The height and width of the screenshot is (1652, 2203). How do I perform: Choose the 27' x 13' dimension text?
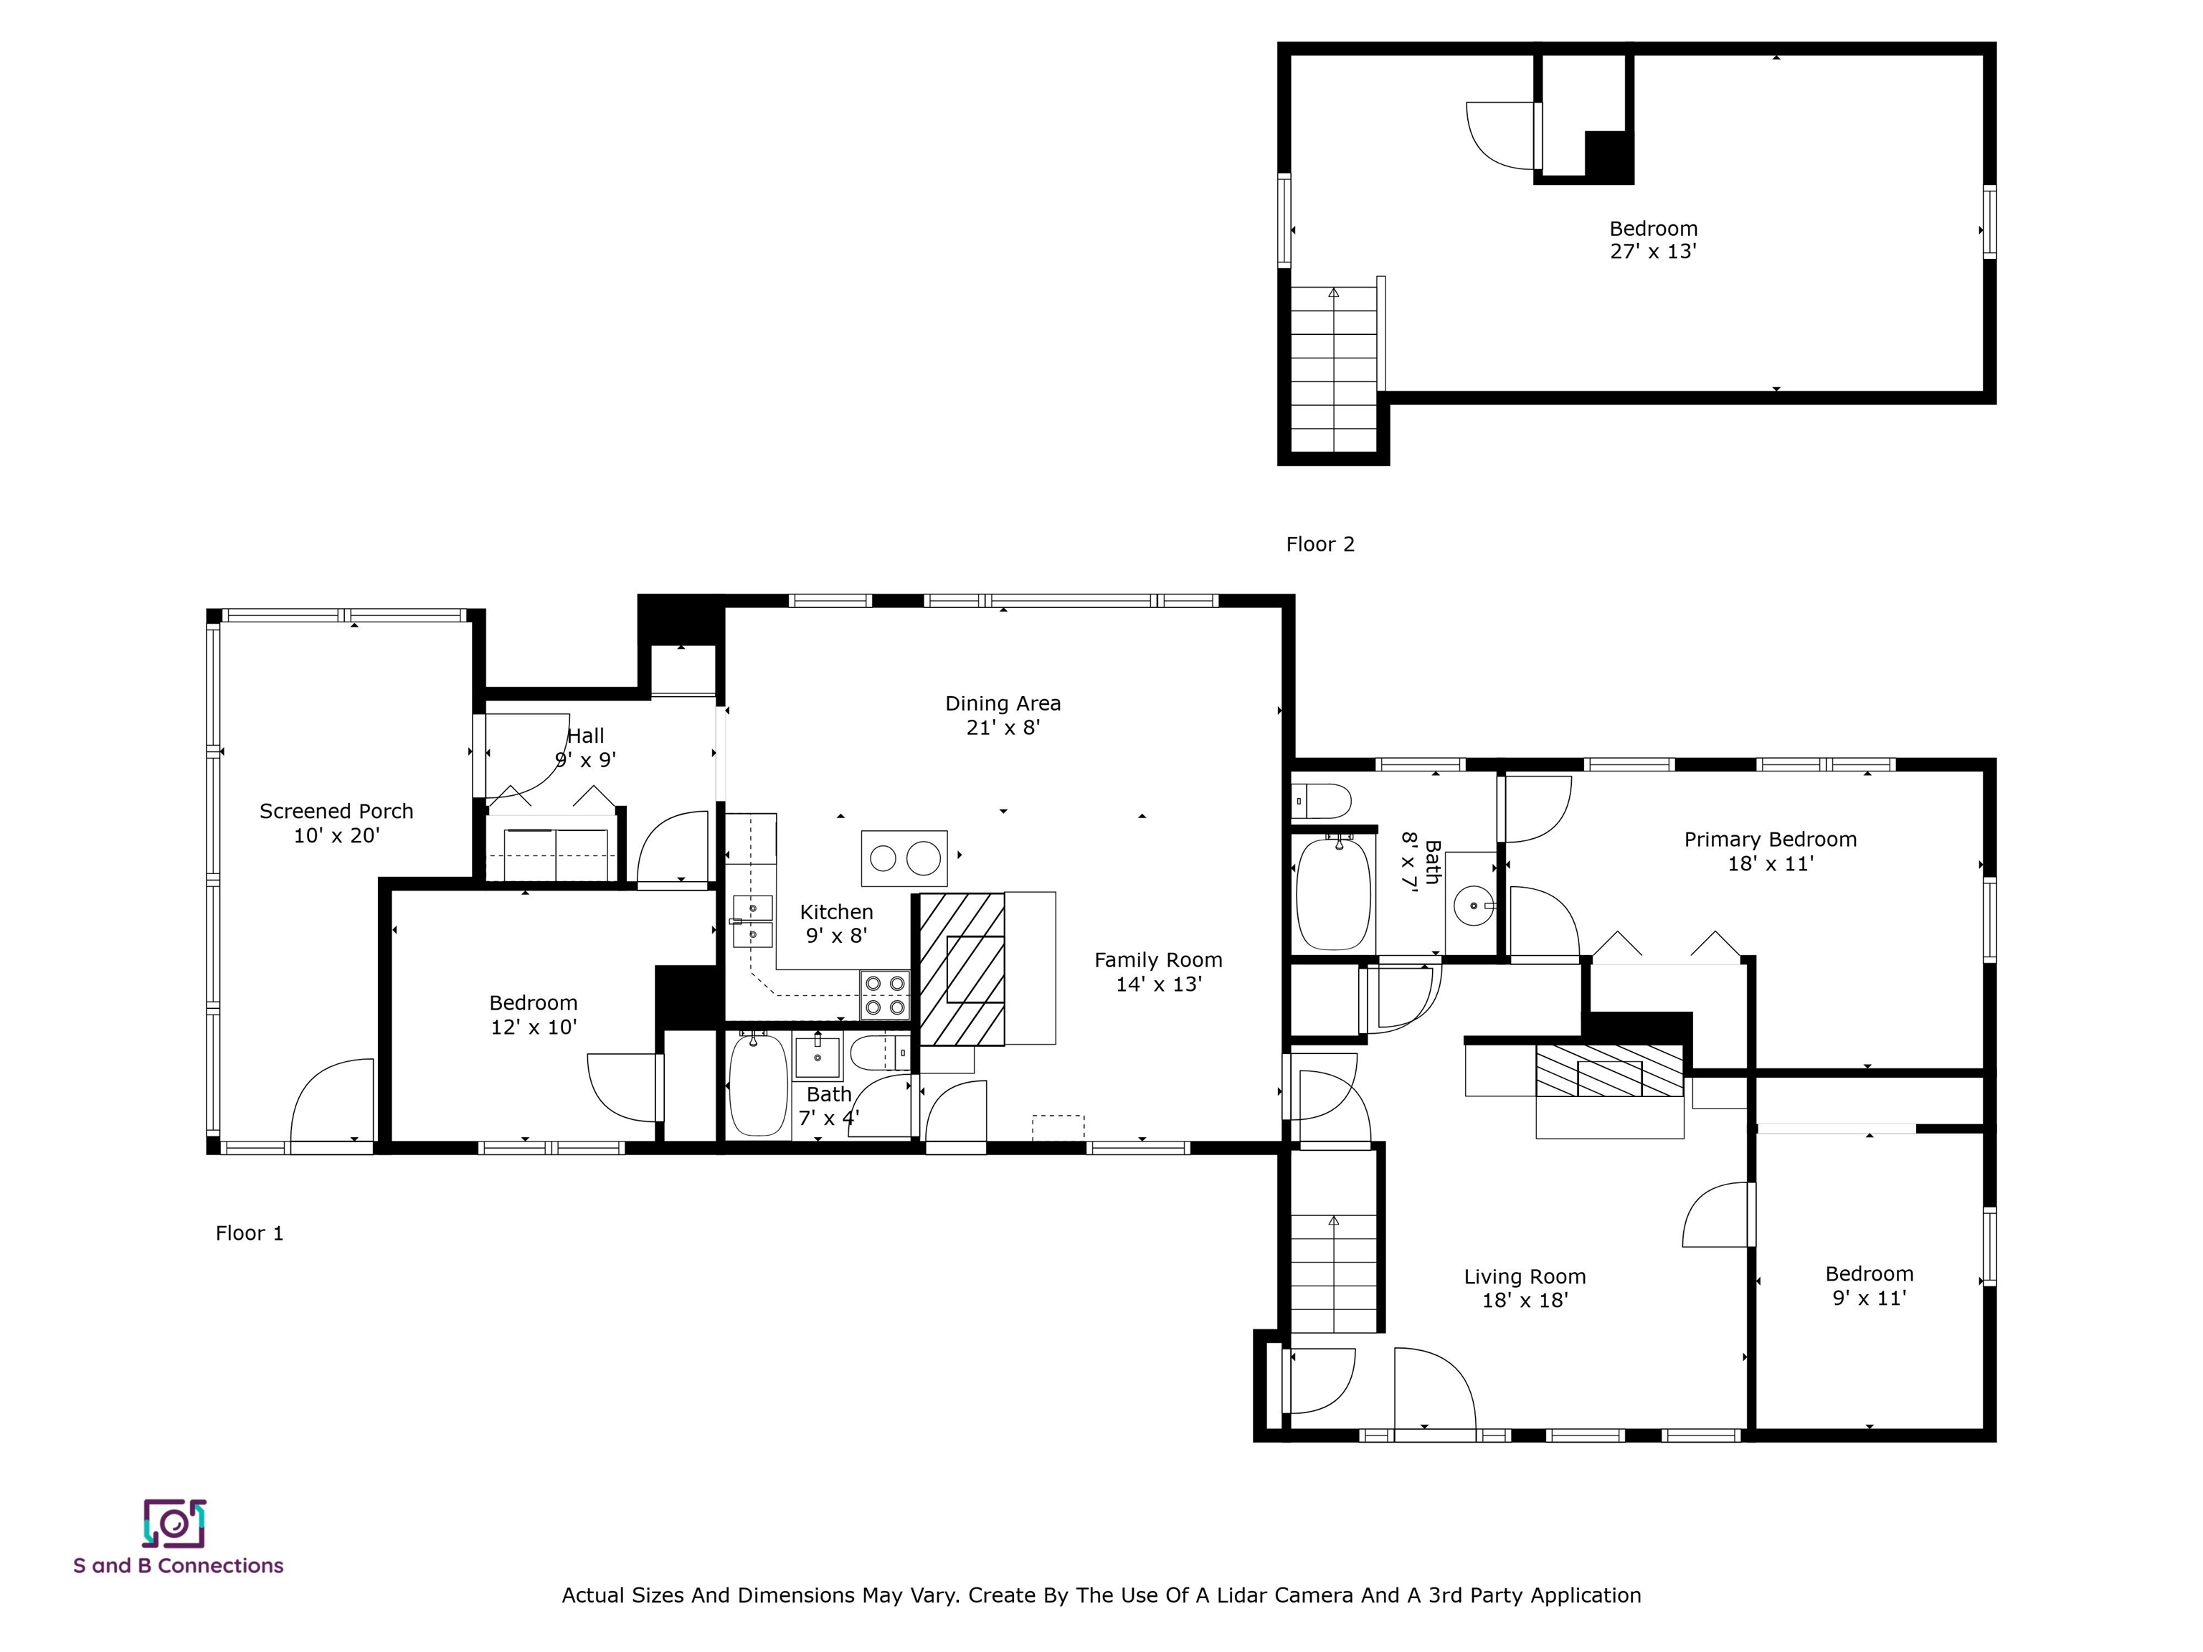click(1653, 252)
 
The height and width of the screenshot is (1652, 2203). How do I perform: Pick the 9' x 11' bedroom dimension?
click(1870, 1298)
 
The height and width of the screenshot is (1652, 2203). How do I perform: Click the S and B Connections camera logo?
click(174, 1524)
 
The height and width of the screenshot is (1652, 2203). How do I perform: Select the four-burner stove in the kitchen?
click(884, 994)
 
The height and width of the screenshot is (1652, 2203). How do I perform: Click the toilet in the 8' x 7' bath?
click(1322, 801)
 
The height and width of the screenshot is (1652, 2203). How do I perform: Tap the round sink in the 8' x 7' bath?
click(1471, 906)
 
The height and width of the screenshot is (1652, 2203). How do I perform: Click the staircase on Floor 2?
click(1334, 369)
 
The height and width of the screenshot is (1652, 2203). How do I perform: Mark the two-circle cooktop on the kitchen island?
click(904, 858)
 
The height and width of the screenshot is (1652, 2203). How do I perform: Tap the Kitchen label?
click(837, 912)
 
